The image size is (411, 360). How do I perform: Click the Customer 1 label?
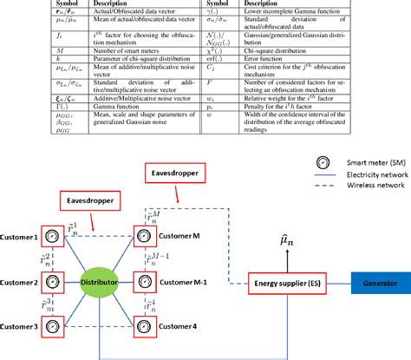point(18,237)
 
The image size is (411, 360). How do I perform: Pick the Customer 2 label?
point(18,283)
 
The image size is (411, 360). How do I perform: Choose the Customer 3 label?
point(18,326)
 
